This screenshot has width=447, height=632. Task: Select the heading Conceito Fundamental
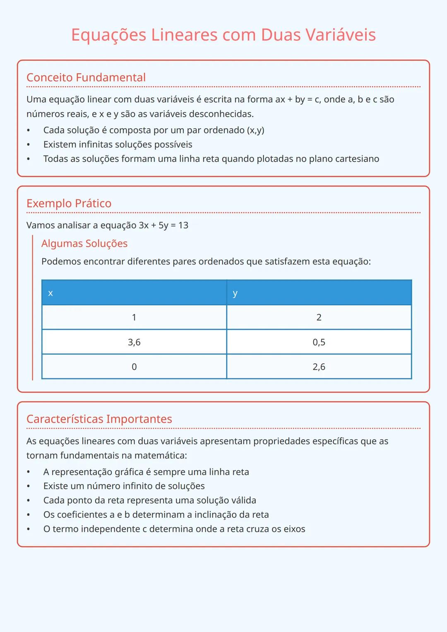(86, 77)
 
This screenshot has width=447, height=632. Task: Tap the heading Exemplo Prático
(69, 203)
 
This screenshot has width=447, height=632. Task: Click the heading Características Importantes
(99, 419)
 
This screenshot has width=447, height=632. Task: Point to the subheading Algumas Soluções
(84, 243)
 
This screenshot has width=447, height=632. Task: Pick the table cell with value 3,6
(134, 342)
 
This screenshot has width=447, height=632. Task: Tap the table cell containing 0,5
(319, 342)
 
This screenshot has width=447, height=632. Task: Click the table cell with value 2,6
(319, 367)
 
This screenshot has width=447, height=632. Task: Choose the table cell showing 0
(134, 367)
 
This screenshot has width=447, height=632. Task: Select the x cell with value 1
(134, 317)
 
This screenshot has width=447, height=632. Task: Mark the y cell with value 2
(319, 317)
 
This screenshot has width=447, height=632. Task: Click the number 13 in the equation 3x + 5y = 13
(183, 225)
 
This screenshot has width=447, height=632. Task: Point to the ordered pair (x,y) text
(255, 130)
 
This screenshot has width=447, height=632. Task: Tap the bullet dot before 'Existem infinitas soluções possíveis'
(29, 145)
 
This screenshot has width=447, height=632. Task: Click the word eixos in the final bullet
(294, 529)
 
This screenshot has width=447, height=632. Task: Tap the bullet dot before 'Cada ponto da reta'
(29, 500)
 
